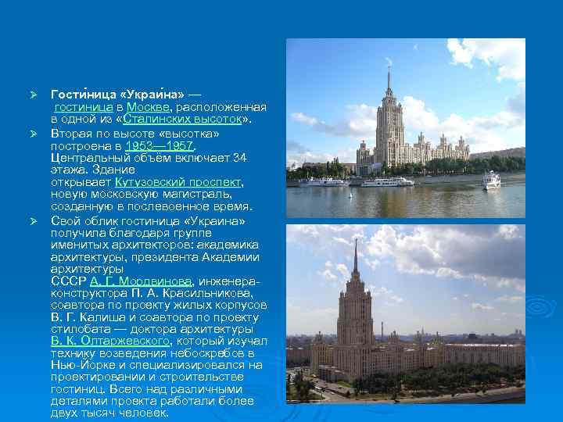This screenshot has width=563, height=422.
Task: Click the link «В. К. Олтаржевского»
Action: [x=109, y=342]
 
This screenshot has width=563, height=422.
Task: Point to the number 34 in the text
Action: [x=240, y=157]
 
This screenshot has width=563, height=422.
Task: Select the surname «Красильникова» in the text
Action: [x=215, y=292]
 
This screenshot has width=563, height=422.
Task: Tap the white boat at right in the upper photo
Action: [x=490, y=181]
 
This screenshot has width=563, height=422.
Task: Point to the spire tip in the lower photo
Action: [x=355, y=243]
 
